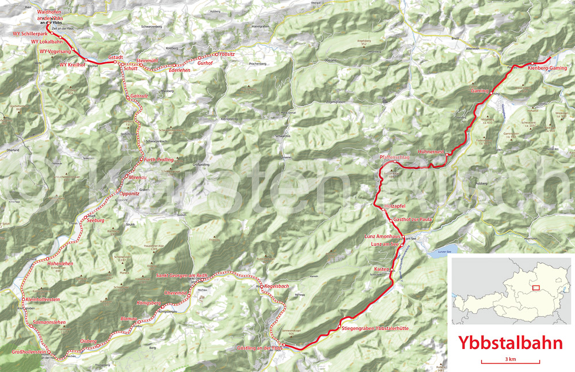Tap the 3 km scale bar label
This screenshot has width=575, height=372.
coord(510,359)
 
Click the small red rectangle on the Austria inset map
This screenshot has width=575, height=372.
coord(536,287)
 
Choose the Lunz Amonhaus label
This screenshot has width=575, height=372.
coord(382,237)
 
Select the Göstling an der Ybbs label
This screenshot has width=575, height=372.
coord(260,348)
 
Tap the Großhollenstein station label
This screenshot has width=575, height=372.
coord(29,351)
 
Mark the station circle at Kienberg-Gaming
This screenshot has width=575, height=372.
coord(532,63)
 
